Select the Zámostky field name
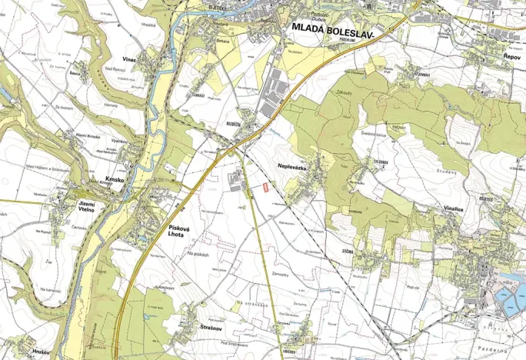point(281,274)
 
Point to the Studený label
point(448,172)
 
